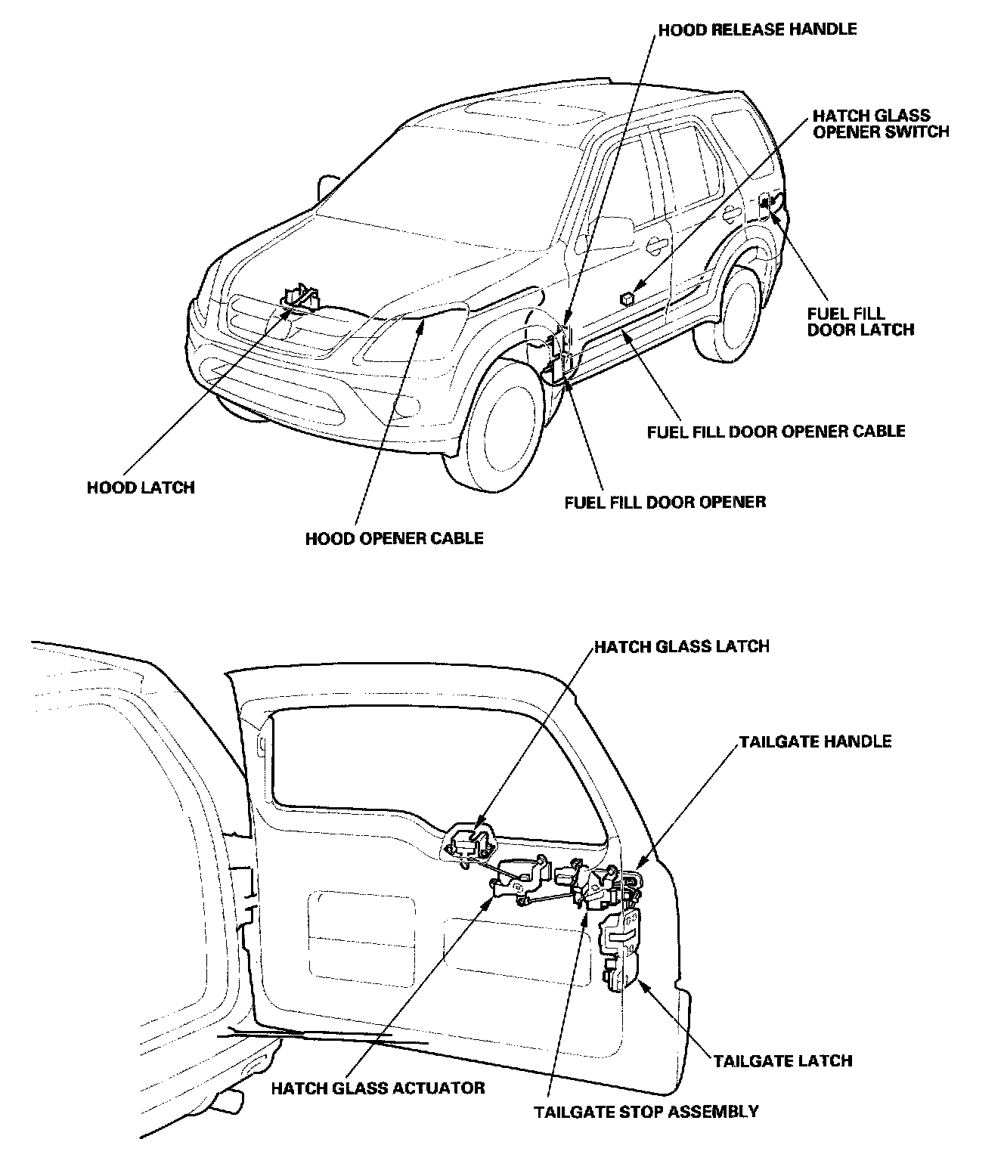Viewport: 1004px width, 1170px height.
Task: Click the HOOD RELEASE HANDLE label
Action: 758,29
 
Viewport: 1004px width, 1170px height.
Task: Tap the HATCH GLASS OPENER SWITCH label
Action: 880,124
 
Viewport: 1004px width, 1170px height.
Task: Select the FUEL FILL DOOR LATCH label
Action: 860,321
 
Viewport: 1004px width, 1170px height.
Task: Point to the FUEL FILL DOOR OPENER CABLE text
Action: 776,432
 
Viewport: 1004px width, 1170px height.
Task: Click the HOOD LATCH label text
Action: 141,487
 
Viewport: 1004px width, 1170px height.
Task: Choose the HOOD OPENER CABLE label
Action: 394,538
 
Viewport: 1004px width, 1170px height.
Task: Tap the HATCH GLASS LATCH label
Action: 681,646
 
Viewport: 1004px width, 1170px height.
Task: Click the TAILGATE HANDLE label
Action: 815,741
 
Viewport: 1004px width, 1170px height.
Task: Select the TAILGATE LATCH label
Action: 782,1060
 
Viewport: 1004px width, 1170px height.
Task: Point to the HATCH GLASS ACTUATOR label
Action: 377,1088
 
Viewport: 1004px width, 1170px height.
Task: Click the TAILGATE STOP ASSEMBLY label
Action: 646,1112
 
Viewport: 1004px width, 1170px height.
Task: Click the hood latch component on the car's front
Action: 301,296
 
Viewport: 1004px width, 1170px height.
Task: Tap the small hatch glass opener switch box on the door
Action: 627,297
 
